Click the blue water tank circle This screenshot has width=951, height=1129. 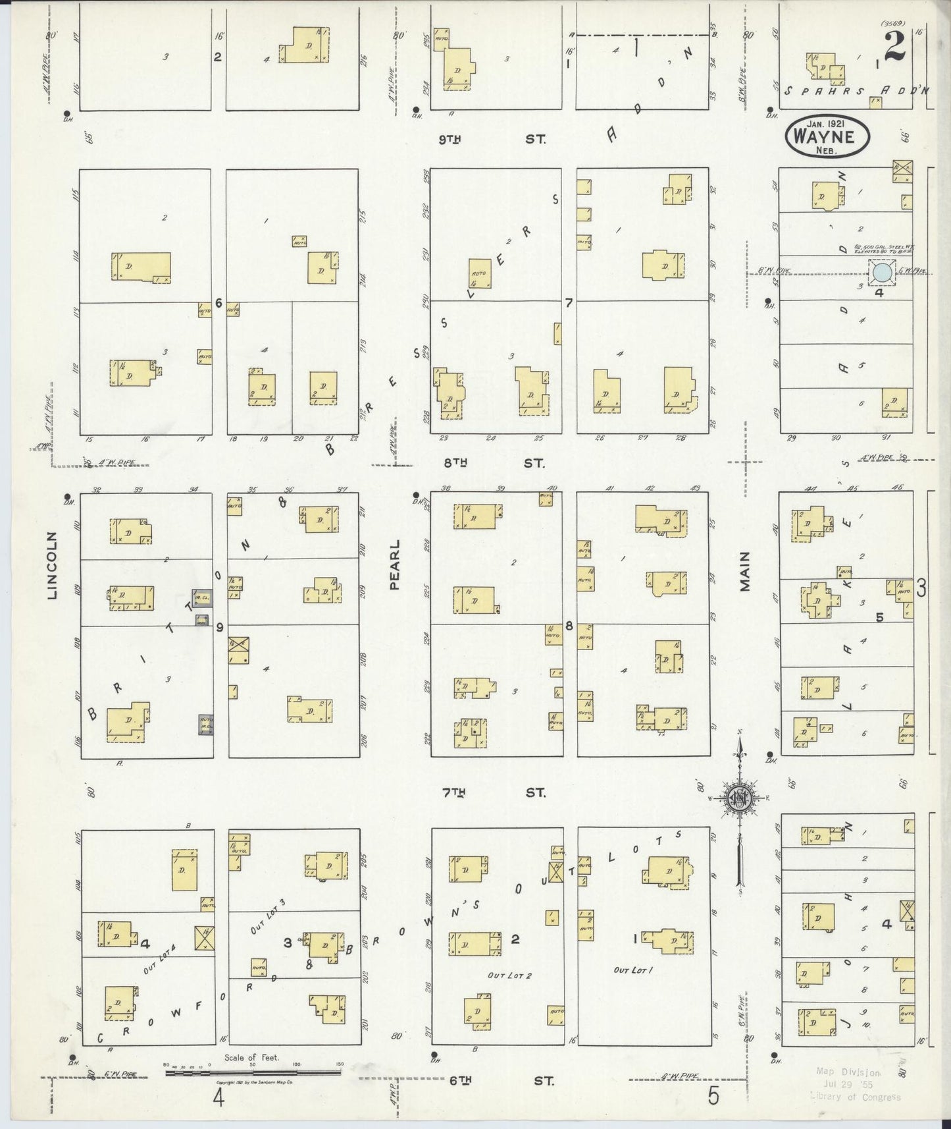[x=882, y=273]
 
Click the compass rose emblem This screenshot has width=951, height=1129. [x=740, y=798]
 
